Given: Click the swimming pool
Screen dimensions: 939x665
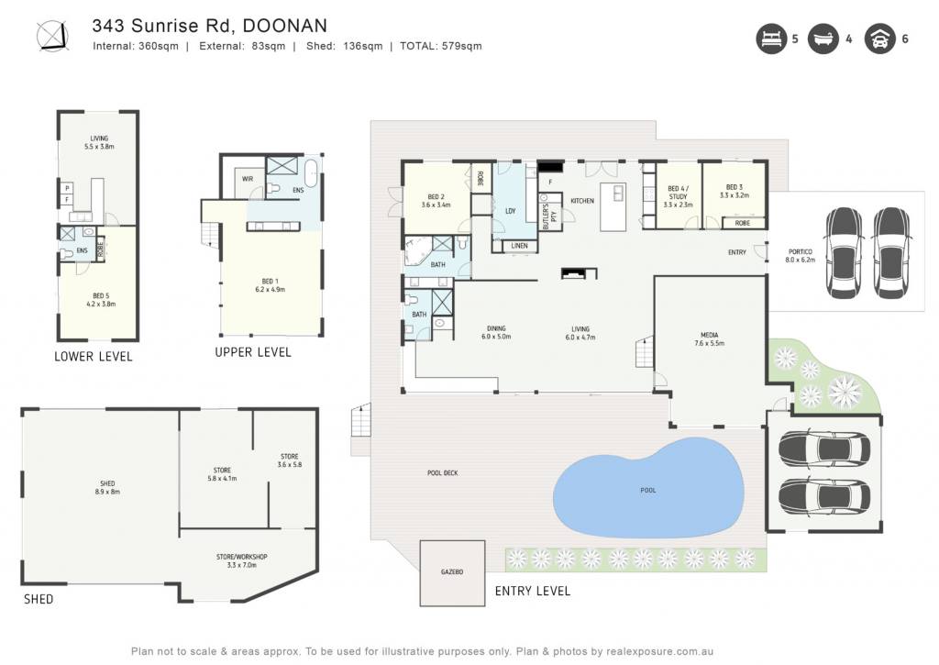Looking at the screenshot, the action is [648, 488].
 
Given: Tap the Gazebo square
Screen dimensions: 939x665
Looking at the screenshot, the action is [452, 573].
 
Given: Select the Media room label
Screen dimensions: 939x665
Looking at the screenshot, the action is [710, 339].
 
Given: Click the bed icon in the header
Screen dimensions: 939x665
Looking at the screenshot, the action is [771, 39].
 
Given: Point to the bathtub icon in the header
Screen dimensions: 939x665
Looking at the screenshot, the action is [823, 39].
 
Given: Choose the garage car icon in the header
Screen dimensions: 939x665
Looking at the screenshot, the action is [879, 39].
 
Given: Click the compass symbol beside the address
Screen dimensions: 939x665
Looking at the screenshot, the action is [52, 36].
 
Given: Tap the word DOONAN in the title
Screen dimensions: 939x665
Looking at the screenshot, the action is [285, 26].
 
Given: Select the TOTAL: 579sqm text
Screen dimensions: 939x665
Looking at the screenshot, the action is [441, 46].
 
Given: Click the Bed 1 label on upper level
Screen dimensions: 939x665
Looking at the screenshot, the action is [271, 285].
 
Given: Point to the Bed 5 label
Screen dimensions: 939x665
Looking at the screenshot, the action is [101, 300].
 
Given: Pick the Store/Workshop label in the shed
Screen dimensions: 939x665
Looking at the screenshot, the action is [242, 560].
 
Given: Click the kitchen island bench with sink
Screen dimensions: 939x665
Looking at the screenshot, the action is [613, 207].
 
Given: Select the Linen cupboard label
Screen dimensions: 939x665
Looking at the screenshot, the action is [519, 246].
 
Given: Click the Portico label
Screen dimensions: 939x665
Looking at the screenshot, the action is [800, 256].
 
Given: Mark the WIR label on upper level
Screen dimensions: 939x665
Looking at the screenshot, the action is [248, 179].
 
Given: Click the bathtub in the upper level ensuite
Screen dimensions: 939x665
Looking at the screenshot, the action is [312, 173].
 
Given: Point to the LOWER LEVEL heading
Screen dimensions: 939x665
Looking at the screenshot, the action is [94, 357].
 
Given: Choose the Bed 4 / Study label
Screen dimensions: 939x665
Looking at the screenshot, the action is [678, 196].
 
